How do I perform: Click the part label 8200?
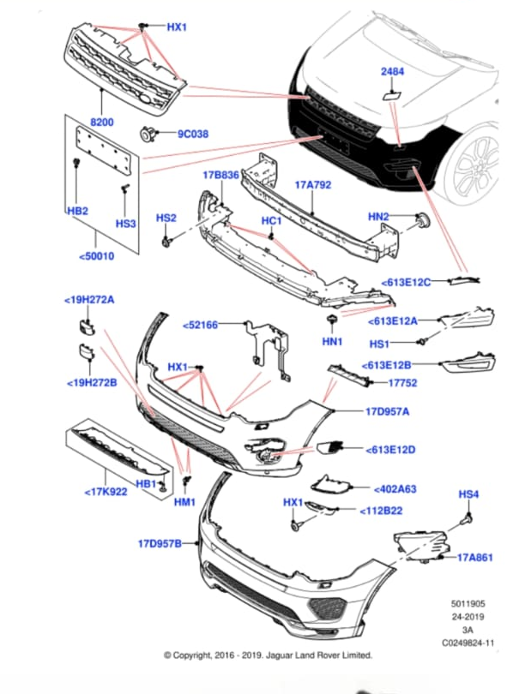(102, 123)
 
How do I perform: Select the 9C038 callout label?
(193, 134)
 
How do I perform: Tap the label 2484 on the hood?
(393, 72)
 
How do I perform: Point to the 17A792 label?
(313, 184)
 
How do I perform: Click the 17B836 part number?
(220, 175)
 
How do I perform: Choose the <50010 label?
(95, 255)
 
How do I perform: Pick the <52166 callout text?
(201, 325)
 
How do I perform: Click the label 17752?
(402, 383)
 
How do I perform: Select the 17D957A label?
(387, 411)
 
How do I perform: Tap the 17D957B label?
(160, 543)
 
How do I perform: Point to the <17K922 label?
(106, 492)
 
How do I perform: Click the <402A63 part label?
(395, 489)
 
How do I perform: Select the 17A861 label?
(474, 557)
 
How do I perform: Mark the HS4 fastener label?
(468, 494)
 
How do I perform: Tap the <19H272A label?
(89, 300)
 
